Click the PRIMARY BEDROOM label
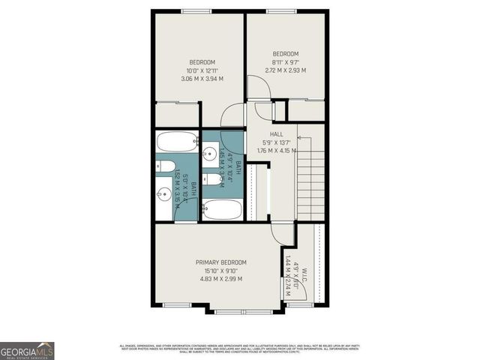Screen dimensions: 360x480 pos(220,262)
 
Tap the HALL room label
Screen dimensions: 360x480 pos(266,133)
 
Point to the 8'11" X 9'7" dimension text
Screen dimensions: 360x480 pos(285,62)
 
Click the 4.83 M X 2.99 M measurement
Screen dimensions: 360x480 pos(220,279)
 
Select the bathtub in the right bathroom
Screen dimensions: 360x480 pos(222,209)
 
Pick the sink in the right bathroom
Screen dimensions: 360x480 pos(210,156)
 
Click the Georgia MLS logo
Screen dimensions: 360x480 pos(27,351)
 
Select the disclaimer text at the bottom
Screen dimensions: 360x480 pos(240,348)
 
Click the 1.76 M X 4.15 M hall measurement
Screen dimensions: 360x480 pos(276,150)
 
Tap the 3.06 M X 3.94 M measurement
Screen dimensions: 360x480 pos(202,78)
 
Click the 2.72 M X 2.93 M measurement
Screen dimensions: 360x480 pos(285,70)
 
